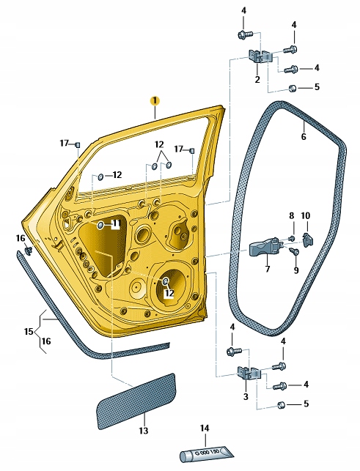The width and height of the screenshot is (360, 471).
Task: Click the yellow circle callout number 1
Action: [154, 100]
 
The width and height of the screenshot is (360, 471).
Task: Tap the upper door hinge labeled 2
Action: [260, 58]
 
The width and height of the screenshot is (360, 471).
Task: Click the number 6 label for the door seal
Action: [304, 136]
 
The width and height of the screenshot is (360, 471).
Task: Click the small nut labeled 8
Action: [291, 238]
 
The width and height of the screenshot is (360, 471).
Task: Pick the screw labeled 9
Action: [294, 252]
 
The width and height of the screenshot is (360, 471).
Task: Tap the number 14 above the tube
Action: [205, 428]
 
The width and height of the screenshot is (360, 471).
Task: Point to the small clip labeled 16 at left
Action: [28, 251]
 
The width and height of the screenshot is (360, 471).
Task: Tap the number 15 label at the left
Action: [29, 332]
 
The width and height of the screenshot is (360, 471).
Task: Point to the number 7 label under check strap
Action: [267, 269]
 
